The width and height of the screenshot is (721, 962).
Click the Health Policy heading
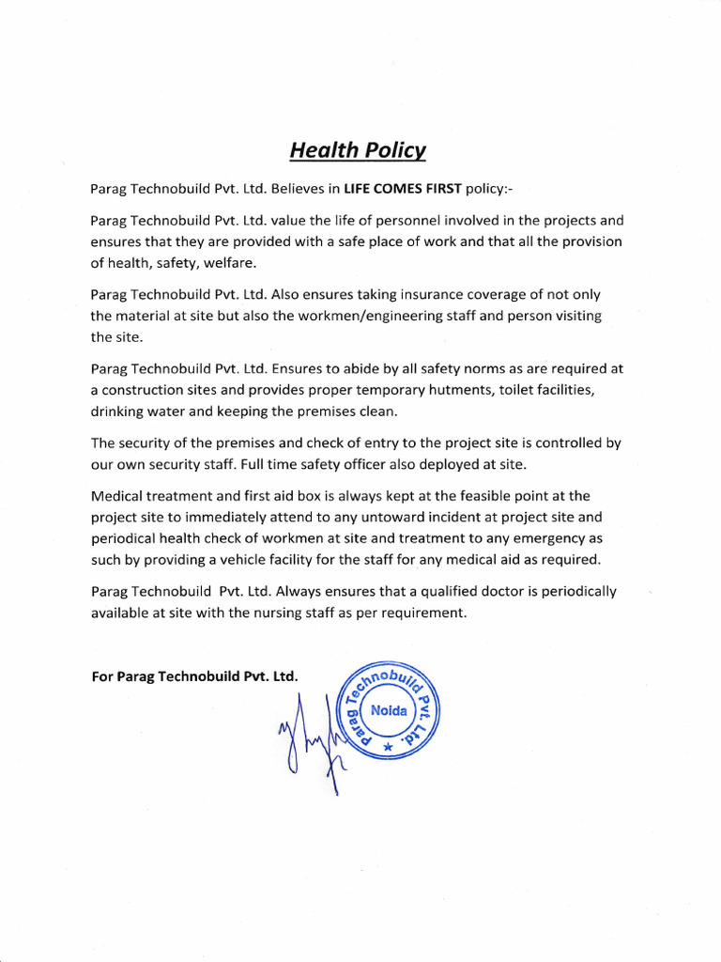click(357, 149)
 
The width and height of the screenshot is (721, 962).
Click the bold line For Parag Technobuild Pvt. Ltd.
click(194, 676)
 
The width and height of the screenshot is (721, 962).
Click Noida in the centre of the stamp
click(389, 711)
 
